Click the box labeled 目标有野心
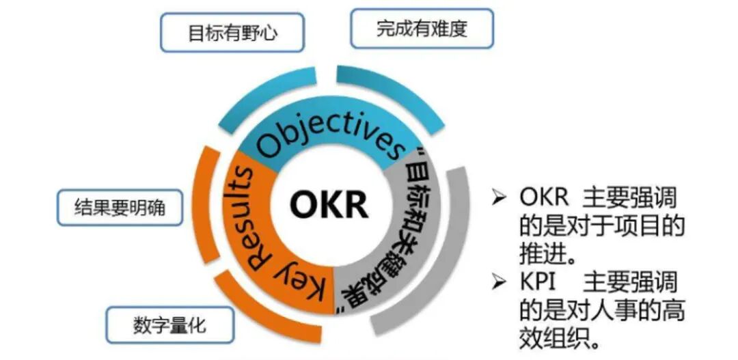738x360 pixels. [x=232, y=33]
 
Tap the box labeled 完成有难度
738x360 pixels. [x=422, y=29]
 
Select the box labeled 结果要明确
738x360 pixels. [x=119, y=207]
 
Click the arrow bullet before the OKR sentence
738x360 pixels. [x=500, y=198]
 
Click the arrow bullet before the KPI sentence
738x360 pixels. [x=500, y=282]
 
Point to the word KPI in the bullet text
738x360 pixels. [x=541, y=281]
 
